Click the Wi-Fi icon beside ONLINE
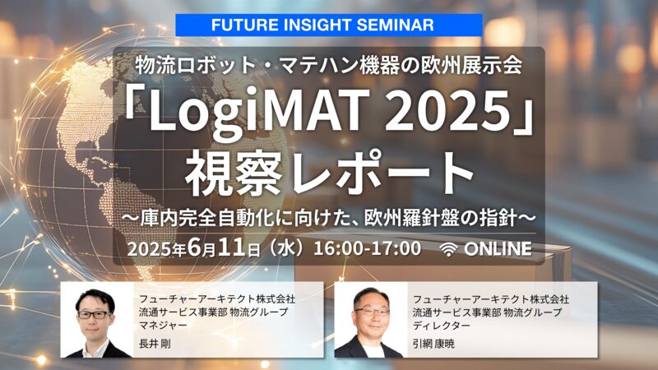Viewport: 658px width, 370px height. [448, 249]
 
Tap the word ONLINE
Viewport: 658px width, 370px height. [498, 249]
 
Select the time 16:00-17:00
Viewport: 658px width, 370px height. [367, 248]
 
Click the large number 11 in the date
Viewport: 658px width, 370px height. [232, 248]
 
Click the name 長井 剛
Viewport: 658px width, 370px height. [155, 344]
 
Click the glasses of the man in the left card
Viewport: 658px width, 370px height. [95, 314]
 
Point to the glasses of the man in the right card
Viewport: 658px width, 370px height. [371, 312]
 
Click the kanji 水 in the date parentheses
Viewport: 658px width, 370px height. [287, 248]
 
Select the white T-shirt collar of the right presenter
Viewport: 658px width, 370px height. [372, 349]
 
